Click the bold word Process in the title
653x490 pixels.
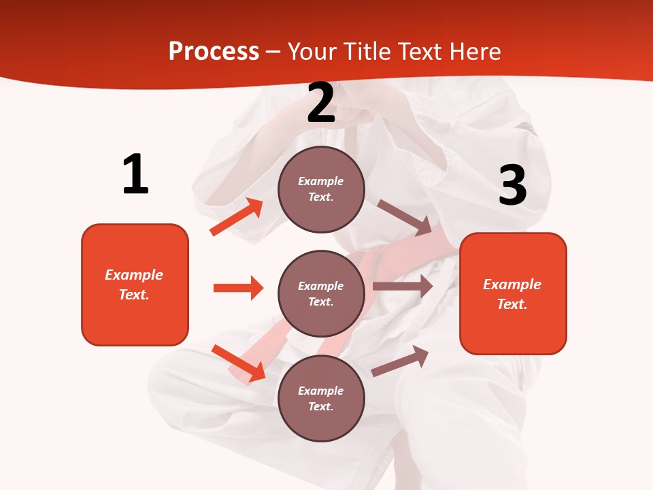[214, 52]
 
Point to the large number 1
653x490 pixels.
[135, 174]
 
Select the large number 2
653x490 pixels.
[321, 103]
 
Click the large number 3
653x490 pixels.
[512, 186]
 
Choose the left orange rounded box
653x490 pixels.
[135, 284]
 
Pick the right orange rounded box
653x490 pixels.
[513, 294]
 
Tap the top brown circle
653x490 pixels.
[321, 189]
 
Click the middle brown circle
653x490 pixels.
[321, 293]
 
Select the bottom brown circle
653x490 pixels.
[321, 398]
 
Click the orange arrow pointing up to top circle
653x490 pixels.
[237, 217]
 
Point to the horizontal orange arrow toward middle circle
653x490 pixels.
[238, 288]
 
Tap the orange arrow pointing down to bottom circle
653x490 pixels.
[239, 363]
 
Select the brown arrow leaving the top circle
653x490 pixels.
[405, 218]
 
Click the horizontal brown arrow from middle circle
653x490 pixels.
[403, 287]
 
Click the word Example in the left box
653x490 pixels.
[134, 275]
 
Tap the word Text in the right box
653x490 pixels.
[512, 304]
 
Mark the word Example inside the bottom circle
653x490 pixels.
[321, 391]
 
